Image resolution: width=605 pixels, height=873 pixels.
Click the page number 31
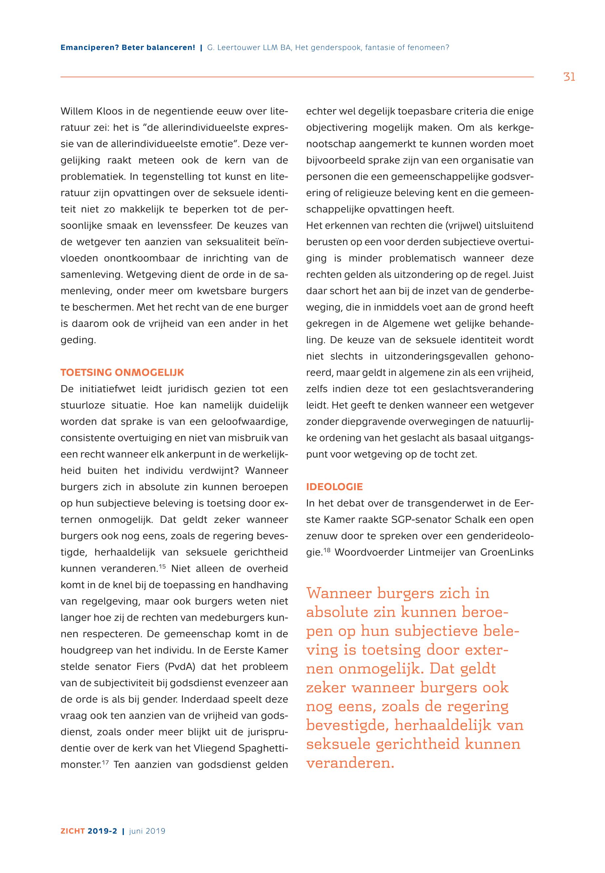click(x=569, y=77)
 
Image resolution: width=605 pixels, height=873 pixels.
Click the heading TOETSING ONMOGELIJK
click(x=122, y=372)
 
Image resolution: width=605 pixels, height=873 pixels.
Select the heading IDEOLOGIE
click(x=334, y=487)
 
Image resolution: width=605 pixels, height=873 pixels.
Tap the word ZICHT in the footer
click(x=73, y=831)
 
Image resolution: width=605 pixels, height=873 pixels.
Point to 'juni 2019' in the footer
click(x=147, y=831)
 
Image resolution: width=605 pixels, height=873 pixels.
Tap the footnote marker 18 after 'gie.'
click(x=328, y=550)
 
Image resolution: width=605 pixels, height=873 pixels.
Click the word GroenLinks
click(x=507, y=552)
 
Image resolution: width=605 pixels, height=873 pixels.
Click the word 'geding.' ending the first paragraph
click(x=78, y=340)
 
